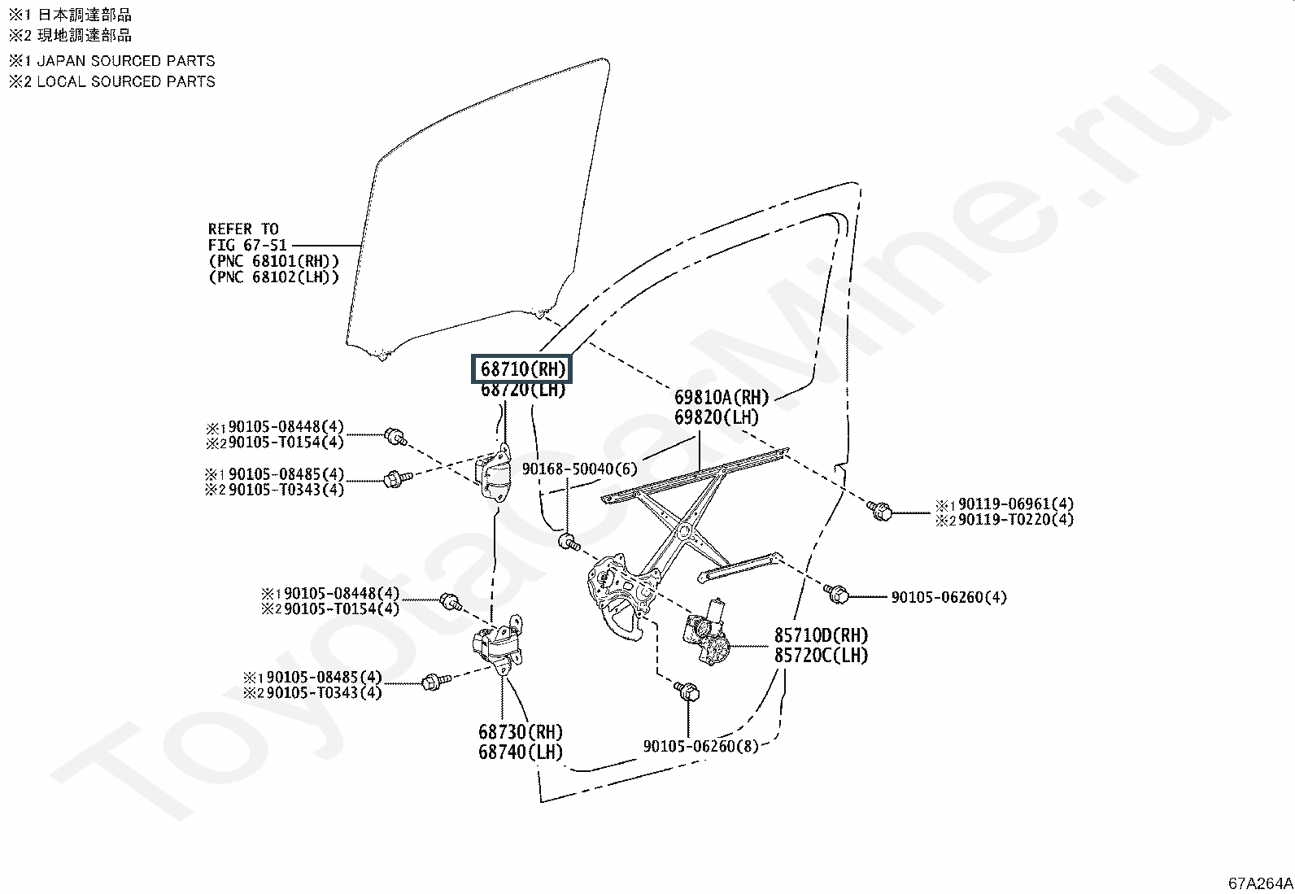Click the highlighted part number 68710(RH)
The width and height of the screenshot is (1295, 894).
click(x=522, y=369)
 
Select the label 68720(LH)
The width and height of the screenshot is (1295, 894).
click(x=522, y=389)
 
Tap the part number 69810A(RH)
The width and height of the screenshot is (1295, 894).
click(x=722, y=397)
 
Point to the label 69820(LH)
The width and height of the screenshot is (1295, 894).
click(x=717, y=417)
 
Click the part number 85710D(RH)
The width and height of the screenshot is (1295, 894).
click(x=821, y=635)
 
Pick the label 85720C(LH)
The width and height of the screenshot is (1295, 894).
click(x=821, y=655)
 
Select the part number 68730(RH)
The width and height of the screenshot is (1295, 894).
click(x=521, y=732)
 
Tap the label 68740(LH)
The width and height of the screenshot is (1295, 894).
click(x=521, y=752)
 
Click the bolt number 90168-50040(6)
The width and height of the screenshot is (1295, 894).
click(x=579, y=469)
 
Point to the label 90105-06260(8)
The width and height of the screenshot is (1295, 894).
click(x=700, y=746)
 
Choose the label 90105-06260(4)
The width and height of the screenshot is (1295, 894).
click(x=948, y=597)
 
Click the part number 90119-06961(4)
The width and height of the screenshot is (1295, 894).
click(x=1016, y=504)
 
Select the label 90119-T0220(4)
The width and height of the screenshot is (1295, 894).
click(x=1016, y=519)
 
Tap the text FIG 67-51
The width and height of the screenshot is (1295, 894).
click(x=247, y=245)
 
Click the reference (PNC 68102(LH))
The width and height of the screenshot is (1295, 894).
click(x=274, y=277)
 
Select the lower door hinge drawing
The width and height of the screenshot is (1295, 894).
click(x=498, y=644)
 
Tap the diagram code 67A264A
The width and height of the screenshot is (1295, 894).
click(x=1260, y=883)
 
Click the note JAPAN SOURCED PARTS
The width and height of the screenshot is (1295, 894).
click(x=125, y=61)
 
